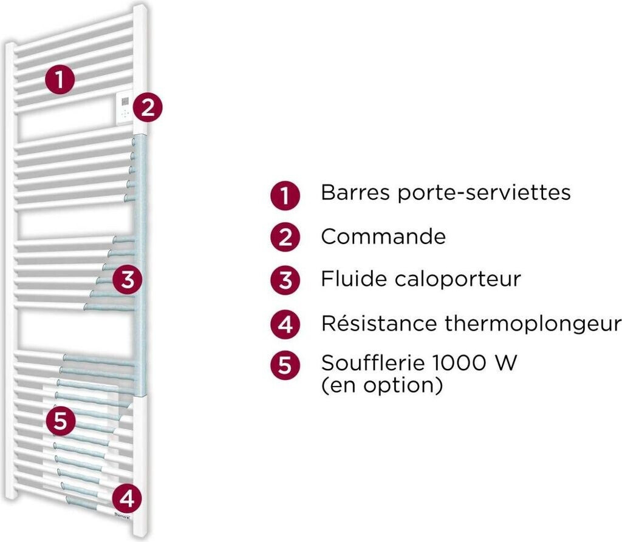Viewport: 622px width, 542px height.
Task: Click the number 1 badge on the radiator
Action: coord(60,80)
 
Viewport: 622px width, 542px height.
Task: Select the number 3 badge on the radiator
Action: coord(127,280)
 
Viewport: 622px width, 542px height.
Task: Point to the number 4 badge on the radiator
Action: coord(127,499)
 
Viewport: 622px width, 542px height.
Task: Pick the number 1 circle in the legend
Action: coord(285,196)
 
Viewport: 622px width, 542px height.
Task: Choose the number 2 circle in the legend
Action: coord(285,238)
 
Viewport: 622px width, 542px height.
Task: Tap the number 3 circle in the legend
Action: coord(285,280)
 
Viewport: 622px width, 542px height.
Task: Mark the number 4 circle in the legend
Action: coord(285,324)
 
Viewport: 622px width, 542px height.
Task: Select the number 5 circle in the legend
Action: coord(285,366)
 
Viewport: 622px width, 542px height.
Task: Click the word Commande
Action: coord(383,236)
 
